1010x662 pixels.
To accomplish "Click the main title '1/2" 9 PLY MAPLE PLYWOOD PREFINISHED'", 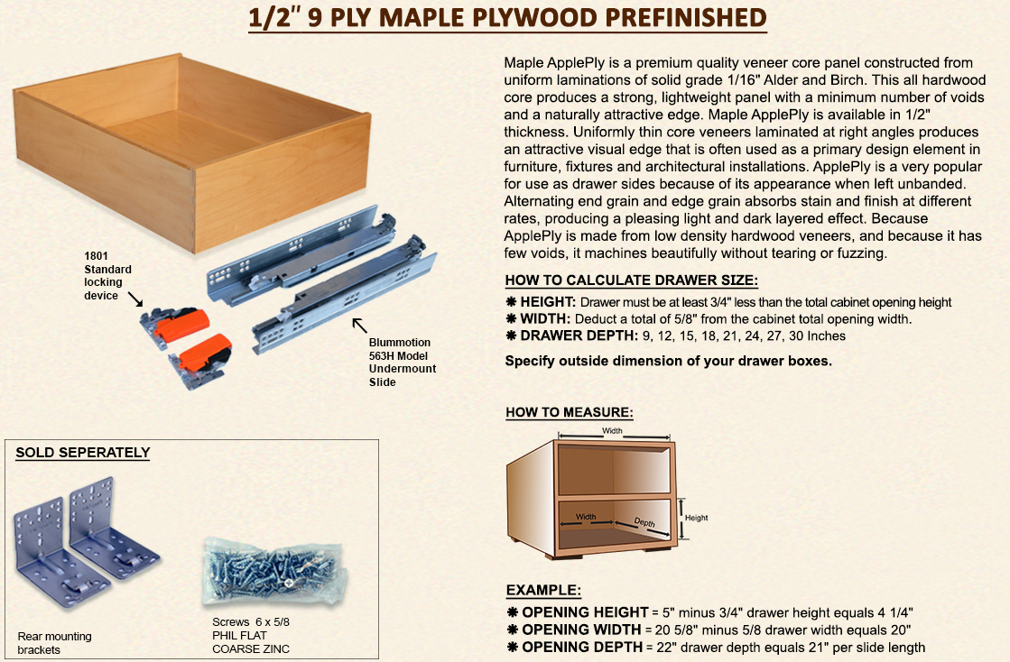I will click(x=507, y=18).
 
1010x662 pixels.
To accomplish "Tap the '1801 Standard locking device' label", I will click(x=107, y=275).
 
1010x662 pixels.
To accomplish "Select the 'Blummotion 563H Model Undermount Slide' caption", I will click(x=402, y=362).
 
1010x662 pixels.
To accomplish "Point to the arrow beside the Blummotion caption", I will click(x=360, y=325).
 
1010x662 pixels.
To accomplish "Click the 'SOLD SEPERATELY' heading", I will click(x=82, y=453).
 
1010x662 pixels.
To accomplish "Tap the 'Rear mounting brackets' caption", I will click(x=54, y=643).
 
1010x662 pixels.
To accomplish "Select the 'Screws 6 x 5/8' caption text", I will click(x=250, y=622).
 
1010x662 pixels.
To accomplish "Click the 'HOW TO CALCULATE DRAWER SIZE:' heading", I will click(x=631, y=280).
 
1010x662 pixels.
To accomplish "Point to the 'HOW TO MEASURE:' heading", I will click(x=569, y=413).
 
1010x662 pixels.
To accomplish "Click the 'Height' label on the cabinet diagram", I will click(x=696, y=518).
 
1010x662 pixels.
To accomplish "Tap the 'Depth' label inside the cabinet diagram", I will click(x=644, y=522).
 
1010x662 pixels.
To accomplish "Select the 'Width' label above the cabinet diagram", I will click(x=612, y=431).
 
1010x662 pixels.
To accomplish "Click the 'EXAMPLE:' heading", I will click(x=542, y=591).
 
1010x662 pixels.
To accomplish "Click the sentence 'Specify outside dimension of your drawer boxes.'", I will click(x=668, y=361).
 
